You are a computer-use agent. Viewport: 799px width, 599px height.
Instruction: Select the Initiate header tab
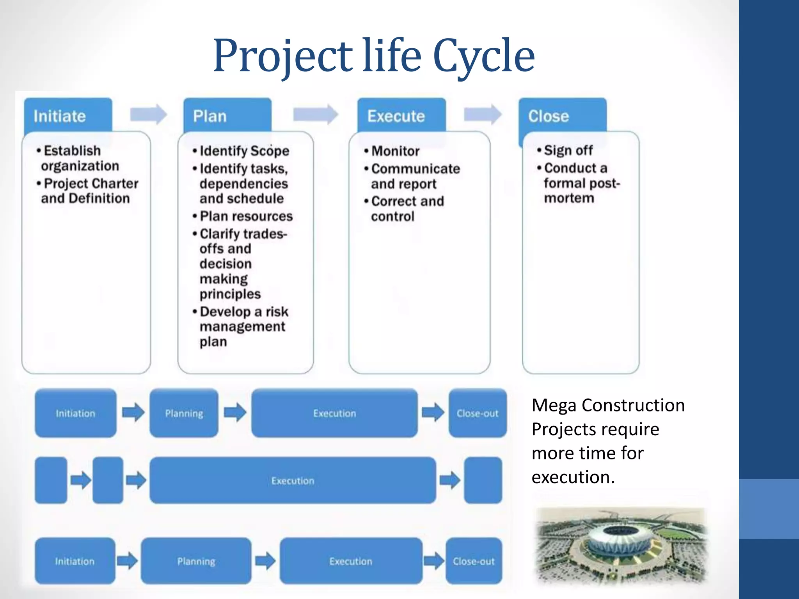(68, 116)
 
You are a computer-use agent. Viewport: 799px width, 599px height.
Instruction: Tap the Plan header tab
(227, 116)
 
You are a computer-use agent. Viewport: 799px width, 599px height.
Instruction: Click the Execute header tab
(401, 116)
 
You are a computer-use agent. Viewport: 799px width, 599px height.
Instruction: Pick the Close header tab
(562, 116)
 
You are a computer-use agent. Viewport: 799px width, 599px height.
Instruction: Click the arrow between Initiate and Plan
(148, 114)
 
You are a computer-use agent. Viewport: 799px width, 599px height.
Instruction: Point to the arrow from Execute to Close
(483, 114)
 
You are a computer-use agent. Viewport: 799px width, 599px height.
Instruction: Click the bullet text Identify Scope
(244, 151)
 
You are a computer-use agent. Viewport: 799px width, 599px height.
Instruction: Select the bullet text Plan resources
(246, 216)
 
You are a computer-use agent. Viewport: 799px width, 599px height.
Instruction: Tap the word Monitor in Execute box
(395, 151)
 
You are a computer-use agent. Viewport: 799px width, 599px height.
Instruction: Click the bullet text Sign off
(568, 150)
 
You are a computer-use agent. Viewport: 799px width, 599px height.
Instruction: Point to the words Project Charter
(91, 183)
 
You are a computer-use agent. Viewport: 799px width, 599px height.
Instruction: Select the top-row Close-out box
(478, 413)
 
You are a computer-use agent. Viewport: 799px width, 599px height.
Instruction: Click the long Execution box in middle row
(293, 480)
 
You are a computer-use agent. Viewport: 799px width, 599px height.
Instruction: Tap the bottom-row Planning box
(196, 561)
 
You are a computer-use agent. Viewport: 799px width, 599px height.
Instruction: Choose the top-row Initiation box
(75, 413)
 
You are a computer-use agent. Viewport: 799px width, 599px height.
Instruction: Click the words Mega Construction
(608, 405)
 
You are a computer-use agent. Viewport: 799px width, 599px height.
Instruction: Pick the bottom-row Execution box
(351, 561)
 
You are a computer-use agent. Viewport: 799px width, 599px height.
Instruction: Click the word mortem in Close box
(569, 198)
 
